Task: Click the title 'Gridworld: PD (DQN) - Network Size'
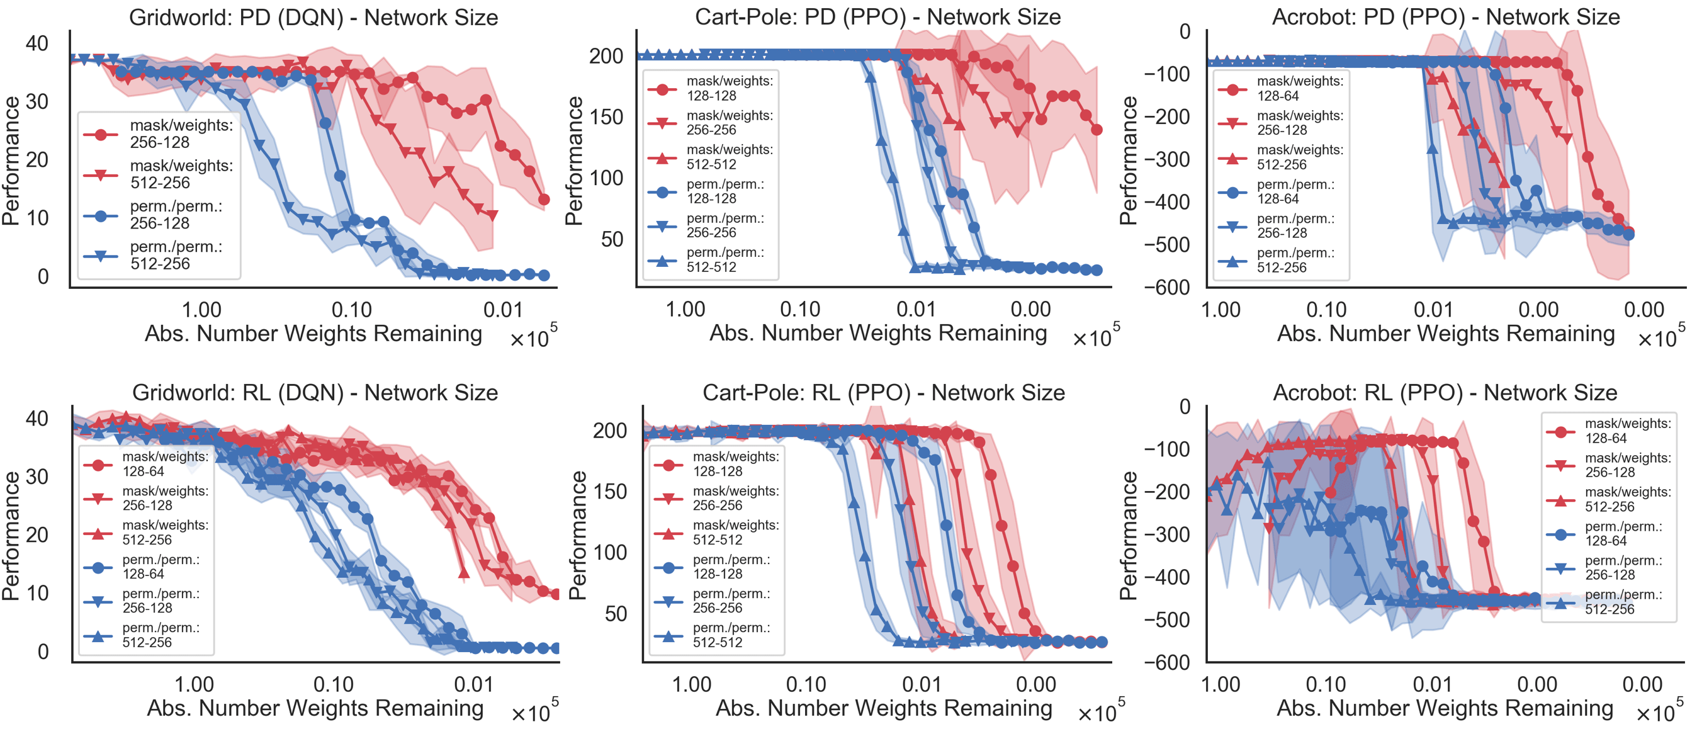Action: click(x=313, y=17)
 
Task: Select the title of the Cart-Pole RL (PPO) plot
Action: click(x=883, y=393)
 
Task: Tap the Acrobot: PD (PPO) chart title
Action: click(x=1445, y=17)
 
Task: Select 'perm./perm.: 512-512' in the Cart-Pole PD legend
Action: click(x=724, y=259)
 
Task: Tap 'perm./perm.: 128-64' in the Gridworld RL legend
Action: click(x=161, y=567)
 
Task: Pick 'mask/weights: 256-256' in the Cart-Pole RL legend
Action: click(x=735, y=498)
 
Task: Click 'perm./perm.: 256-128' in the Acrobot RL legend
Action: click(x=1627, y=567)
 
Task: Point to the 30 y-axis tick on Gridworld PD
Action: click(x=37, y=101)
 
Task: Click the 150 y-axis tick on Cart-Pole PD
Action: click(x=606, y=117)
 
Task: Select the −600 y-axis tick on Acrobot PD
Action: click(x=1168, y=287)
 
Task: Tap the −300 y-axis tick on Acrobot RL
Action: click(x=1168, y=534)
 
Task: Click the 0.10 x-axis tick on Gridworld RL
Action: click(x=334, y=684)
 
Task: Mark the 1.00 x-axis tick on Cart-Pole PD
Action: click(x=685, y=309)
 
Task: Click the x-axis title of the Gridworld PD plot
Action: click(x=313, y=334)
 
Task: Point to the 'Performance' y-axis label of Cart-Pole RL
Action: click(x=578, y=535)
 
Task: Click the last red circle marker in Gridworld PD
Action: click(x=544, y=199)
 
